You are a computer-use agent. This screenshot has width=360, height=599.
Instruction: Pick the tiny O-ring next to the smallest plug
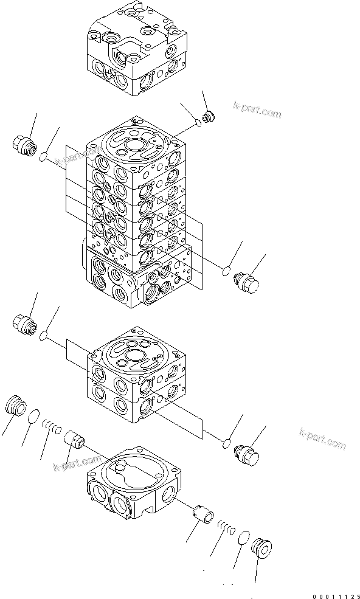[199, 124]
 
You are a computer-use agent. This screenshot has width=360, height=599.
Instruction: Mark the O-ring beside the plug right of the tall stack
[226, 271]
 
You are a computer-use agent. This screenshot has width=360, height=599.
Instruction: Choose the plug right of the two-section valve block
[246, 454]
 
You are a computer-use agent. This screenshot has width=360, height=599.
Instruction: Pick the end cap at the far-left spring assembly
[15, 404]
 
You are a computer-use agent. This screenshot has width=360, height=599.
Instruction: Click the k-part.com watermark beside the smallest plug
[257, 109]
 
